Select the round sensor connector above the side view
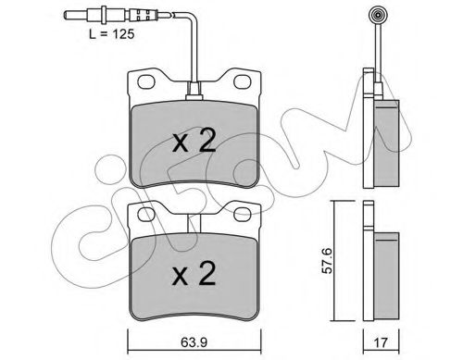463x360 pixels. click(x=377, y=16)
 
